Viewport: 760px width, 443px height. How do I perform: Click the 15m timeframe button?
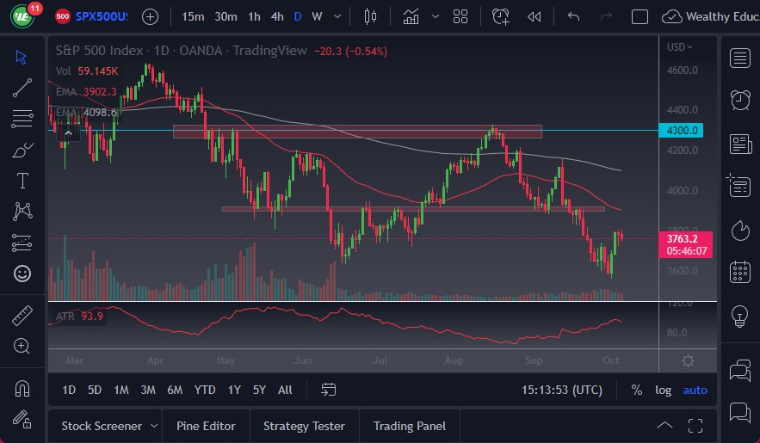[194, 16]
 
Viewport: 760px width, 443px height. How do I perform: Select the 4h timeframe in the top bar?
[276, 16]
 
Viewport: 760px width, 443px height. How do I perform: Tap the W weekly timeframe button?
[317, 16]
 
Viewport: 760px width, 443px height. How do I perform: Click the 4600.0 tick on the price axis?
[683, 70]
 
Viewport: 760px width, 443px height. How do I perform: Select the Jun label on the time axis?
[301, 360]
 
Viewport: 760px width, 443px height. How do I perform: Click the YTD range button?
[205, 390]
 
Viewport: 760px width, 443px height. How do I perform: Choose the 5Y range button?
[259, 390]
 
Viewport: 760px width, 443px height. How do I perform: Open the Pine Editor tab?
[207, 426]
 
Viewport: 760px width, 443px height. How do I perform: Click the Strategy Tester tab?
[304, 426]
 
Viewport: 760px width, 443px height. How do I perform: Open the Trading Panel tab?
[410, 426]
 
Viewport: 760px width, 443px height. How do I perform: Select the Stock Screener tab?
[102, 426]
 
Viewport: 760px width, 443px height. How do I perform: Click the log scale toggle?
[663, 390]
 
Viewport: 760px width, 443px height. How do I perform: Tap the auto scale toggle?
[695, 390]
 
